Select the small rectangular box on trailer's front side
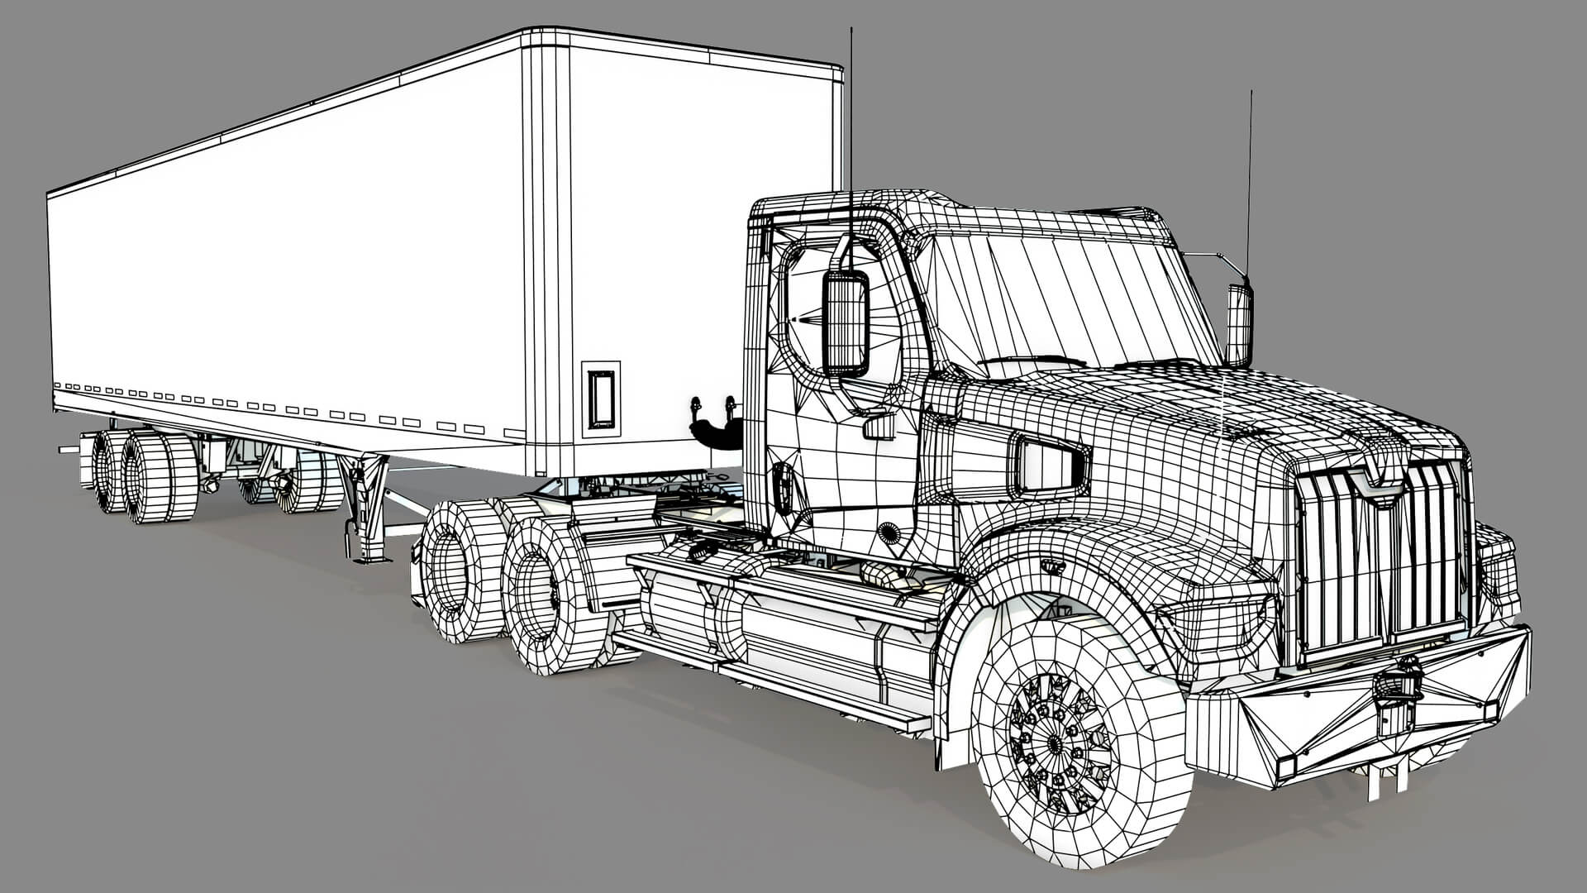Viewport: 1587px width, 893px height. (x=601, y=399)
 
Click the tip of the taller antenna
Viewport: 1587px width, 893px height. (x=851, y=31)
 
